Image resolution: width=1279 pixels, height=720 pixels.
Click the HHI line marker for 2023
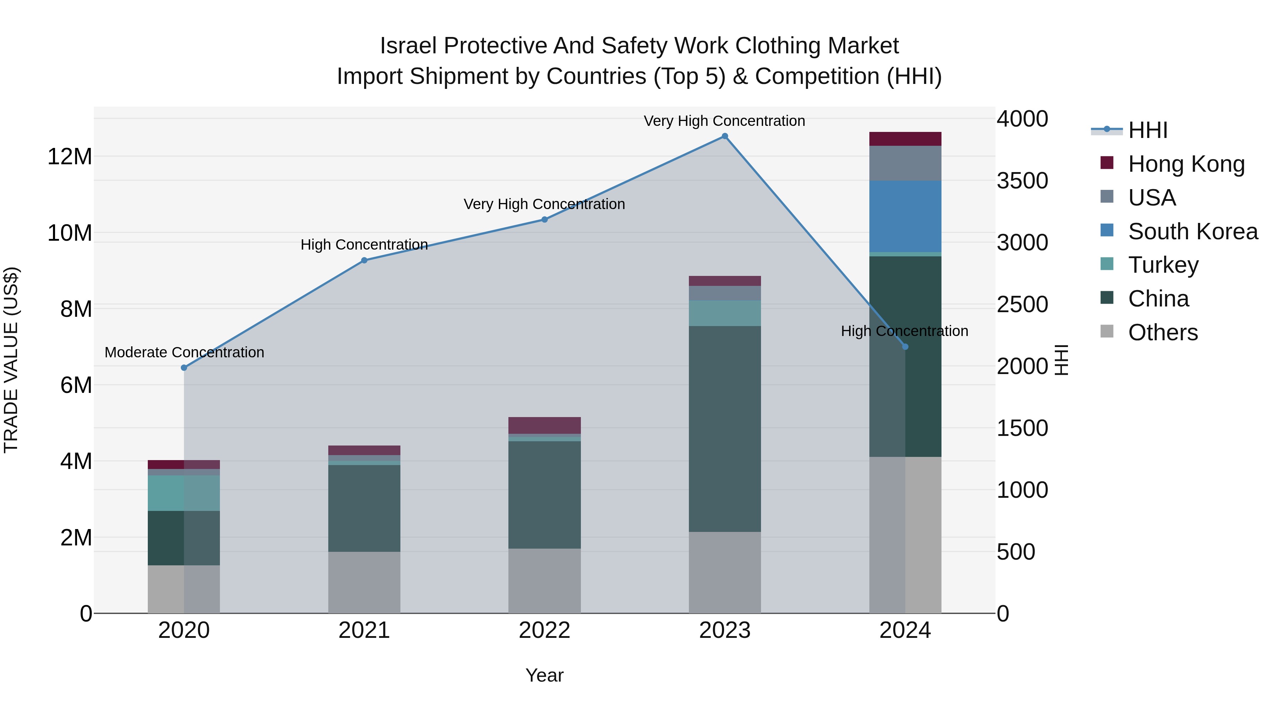click(724, 136)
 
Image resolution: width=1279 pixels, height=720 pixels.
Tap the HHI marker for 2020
click(184, 368)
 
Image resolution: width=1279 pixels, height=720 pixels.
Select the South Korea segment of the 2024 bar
click(905, 216)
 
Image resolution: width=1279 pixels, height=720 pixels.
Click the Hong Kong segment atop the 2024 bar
click(905, 139)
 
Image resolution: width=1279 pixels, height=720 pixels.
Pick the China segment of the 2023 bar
click(724, 428)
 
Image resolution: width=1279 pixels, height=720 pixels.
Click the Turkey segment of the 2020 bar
click(184, 493)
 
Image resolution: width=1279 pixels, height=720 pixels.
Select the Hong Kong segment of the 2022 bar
click(544, 425)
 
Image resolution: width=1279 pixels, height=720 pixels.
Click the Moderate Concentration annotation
click(184, 352)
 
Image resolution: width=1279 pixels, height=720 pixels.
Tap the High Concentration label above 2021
click(364, 245)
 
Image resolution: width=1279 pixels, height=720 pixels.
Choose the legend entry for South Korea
click(1193, 231)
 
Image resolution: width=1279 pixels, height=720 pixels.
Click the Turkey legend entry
click(1163, 265)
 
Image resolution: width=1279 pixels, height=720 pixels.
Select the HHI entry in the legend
click(1148, 130)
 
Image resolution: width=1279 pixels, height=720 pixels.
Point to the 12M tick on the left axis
click(70, 156)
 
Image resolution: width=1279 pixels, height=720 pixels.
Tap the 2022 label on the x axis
click(544, 630)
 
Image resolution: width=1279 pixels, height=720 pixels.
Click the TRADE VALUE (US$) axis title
click(11, 360)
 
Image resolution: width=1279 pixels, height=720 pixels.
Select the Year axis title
click(544, 675)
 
